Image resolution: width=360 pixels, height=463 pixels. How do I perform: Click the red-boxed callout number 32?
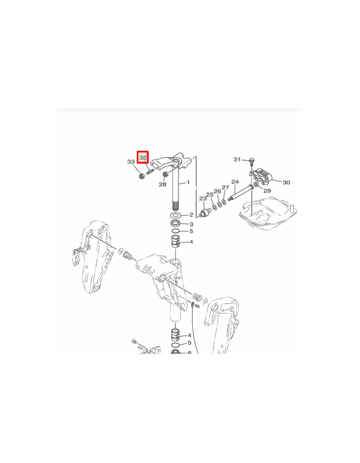tap(143, 157)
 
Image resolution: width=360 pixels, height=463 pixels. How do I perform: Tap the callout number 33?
tap(131, 162)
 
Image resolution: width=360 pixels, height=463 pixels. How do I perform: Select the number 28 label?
tap(163, 184)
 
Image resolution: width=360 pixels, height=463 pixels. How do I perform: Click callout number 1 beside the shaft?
tap(188, 183)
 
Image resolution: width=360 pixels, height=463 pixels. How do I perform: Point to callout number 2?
tap(191, 215)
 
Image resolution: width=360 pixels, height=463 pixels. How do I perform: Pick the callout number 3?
tap(191, 224)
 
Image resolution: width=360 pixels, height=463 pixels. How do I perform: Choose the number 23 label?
tap(203, 199)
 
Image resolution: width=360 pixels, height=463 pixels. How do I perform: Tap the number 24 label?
tap(235, 182)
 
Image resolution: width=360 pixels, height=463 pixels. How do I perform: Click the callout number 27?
tap(225, 187)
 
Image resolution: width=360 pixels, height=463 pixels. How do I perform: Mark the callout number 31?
tap(237, 159)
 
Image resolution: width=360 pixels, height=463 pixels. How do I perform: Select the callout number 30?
tap(286, 182)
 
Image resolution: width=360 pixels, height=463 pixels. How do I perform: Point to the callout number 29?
tap(267, 191)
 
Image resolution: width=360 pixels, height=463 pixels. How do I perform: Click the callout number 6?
tap(189, 353)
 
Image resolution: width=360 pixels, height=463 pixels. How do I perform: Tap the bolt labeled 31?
tap(251, 160)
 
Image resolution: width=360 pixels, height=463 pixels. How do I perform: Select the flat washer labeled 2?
tap(175, 215)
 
